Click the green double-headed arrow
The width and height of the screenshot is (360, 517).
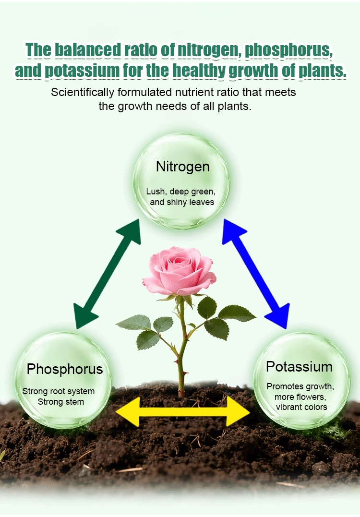(x=107, y=274)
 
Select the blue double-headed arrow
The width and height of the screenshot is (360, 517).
(x=256, y=274)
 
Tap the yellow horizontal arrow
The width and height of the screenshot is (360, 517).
(x=182, y=411)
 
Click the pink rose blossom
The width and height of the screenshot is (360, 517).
(x=180, y=271)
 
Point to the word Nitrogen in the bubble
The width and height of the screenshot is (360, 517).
(x=182, y=167)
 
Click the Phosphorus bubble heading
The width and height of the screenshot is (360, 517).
(x=65, y=369)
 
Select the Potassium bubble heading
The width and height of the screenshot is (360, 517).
(x=299, y=367)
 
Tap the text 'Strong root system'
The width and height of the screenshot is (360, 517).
(x=59, y=391)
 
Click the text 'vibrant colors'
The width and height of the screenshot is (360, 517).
(x=301, y=407)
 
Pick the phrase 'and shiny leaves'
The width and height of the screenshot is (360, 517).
(x=182, y=202)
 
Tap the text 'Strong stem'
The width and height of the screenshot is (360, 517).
(x=60, y=402)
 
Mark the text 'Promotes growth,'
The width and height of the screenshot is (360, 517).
(x=300, y=386)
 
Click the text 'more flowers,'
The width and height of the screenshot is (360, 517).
(x=300, y=397)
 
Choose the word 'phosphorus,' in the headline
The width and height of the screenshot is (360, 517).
(x=288, y=50)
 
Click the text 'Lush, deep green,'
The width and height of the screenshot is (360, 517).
(x=181, y=192)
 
